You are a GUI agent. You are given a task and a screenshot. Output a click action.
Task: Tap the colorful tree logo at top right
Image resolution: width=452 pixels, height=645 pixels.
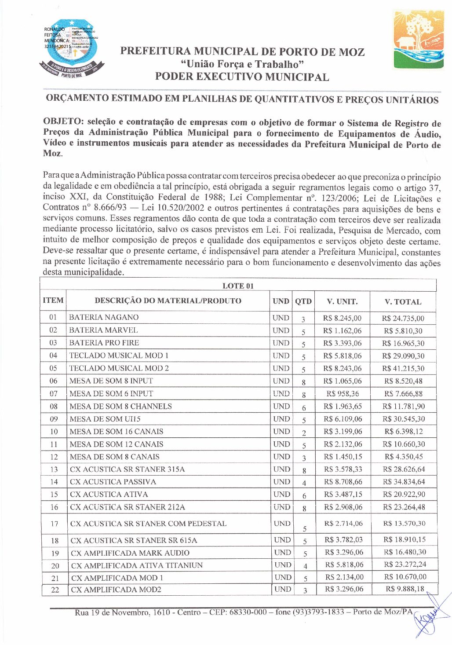(418, 40)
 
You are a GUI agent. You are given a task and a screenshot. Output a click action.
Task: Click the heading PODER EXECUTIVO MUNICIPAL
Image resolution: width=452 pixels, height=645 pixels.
(242, 77)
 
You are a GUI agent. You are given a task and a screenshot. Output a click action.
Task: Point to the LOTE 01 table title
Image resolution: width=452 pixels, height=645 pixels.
(238, 286)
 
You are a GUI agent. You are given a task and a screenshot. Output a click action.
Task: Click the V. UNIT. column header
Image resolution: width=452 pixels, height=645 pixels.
(342, 302)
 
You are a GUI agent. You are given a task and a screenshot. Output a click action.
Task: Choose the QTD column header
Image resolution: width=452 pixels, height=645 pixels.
(303, 302)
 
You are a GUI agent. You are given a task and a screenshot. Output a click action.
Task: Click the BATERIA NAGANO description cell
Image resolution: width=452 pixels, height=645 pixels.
(104, 317)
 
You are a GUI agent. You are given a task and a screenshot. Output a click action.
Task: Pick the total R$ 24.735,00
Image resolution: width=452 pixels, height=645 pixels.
(403, 318)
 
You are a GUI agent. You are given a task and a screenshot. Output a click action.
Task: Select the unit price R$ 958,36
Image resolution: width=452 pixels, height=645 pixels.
(343, 394)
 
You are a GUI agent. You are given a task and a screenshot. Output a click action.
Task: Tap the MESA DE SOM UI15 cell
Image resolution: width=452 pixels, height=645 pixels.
(105, 419)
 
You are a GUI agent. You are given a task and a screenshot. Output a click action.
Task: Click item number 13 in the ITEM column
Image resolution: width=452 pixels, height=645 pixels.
(54, 469)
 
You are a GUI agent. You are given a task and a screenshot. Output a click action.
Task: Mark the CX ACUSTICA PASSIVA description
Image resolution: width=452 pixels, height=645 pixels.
(113, 482)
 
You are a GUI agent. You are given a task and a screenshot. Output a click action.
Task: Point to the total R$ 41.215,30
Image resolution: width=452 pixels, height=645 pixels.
(403, 369)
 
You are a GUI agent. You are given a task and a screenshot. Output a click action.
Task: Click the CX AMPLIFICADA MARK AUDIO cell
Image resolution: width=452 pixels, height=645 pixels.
(130, 553)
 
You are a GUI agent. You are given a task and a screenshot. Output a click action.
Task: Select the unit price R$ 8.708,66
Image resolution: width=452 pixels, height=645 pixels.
(343, 482)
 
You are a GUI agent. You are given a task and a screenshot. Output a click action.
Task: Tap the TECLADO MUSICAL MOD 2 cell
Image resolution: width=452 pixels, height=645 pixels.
(119, 368)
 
